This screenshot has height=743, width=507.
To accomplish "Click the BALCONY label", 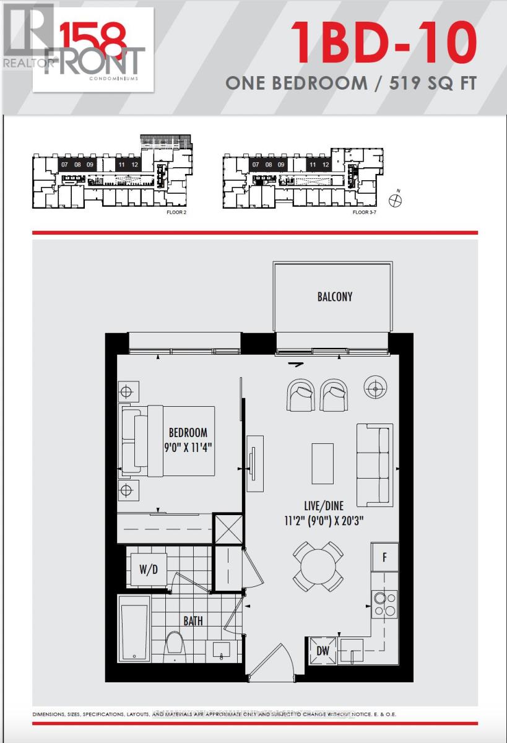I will click(x=335, y=297).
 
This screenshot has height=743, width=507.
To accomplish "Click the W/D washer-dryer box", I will click(x=148, y=569).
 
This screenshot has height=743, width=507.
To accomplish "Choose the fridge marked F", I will click(x=384, y=557).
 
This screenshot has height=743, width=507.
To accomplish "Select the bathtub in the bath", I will click(x=134, y=632).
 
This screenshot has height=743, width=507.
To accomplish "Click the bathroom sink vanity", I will click(x=221, y=650).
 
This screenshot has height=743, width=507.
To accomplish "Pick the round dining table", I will click(x=318, y=566).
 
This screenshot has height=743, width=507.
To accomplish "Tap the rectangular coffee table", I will click(x=322, y=463).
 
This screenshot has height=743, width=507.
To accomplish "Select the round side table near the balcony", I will click(x=374, y=388).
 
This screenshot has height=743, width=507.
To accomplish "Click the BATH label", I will click(x=193, y=620).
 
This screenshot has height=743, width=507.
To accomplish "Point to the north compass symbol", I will click(x=395, y=200).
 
